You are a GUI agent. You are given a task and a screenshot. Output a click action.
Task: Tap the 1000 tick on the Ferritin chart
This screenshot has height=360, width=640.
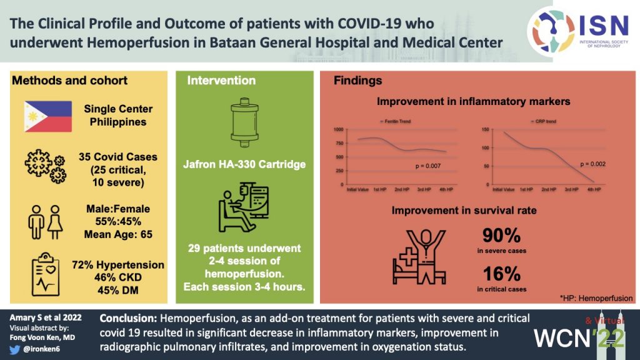point(338,129)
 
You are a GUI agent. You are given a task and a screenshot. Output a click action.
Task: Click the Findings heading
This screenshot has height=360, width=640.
point(358,81)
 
